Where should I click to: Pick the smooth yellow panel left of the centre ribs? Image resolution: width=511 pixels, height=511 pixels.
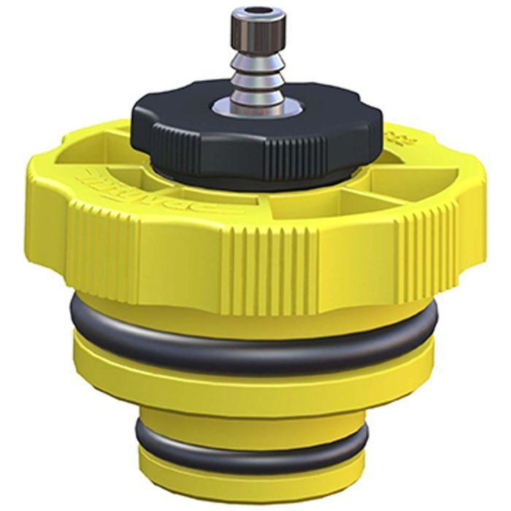[181, 262]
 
